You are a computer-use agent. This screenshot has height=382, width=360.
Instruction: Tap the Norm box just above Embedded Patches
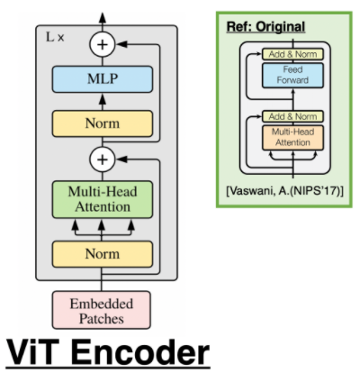point(101,254)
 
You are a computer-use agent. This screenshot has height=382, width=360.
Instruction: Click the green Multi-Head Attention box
point(101,199)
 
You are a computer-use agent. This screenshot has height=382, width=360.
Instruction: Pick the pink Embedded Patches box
point(101,310)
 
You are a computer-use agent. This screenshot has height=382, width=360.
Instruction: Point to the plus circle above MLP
point(102,42)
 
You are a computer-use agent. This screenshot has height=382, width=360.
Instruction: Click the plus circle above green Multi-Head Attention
point(102,160)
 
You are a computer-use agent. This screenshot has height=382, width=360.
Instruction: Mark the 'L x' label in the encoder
point(56,37)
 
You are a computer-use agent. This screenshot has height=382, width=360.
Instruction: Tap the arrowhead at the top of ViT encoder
point(102,15)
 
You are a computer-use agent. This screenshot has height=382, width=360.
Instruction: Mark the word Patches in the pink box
point(101,318)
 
